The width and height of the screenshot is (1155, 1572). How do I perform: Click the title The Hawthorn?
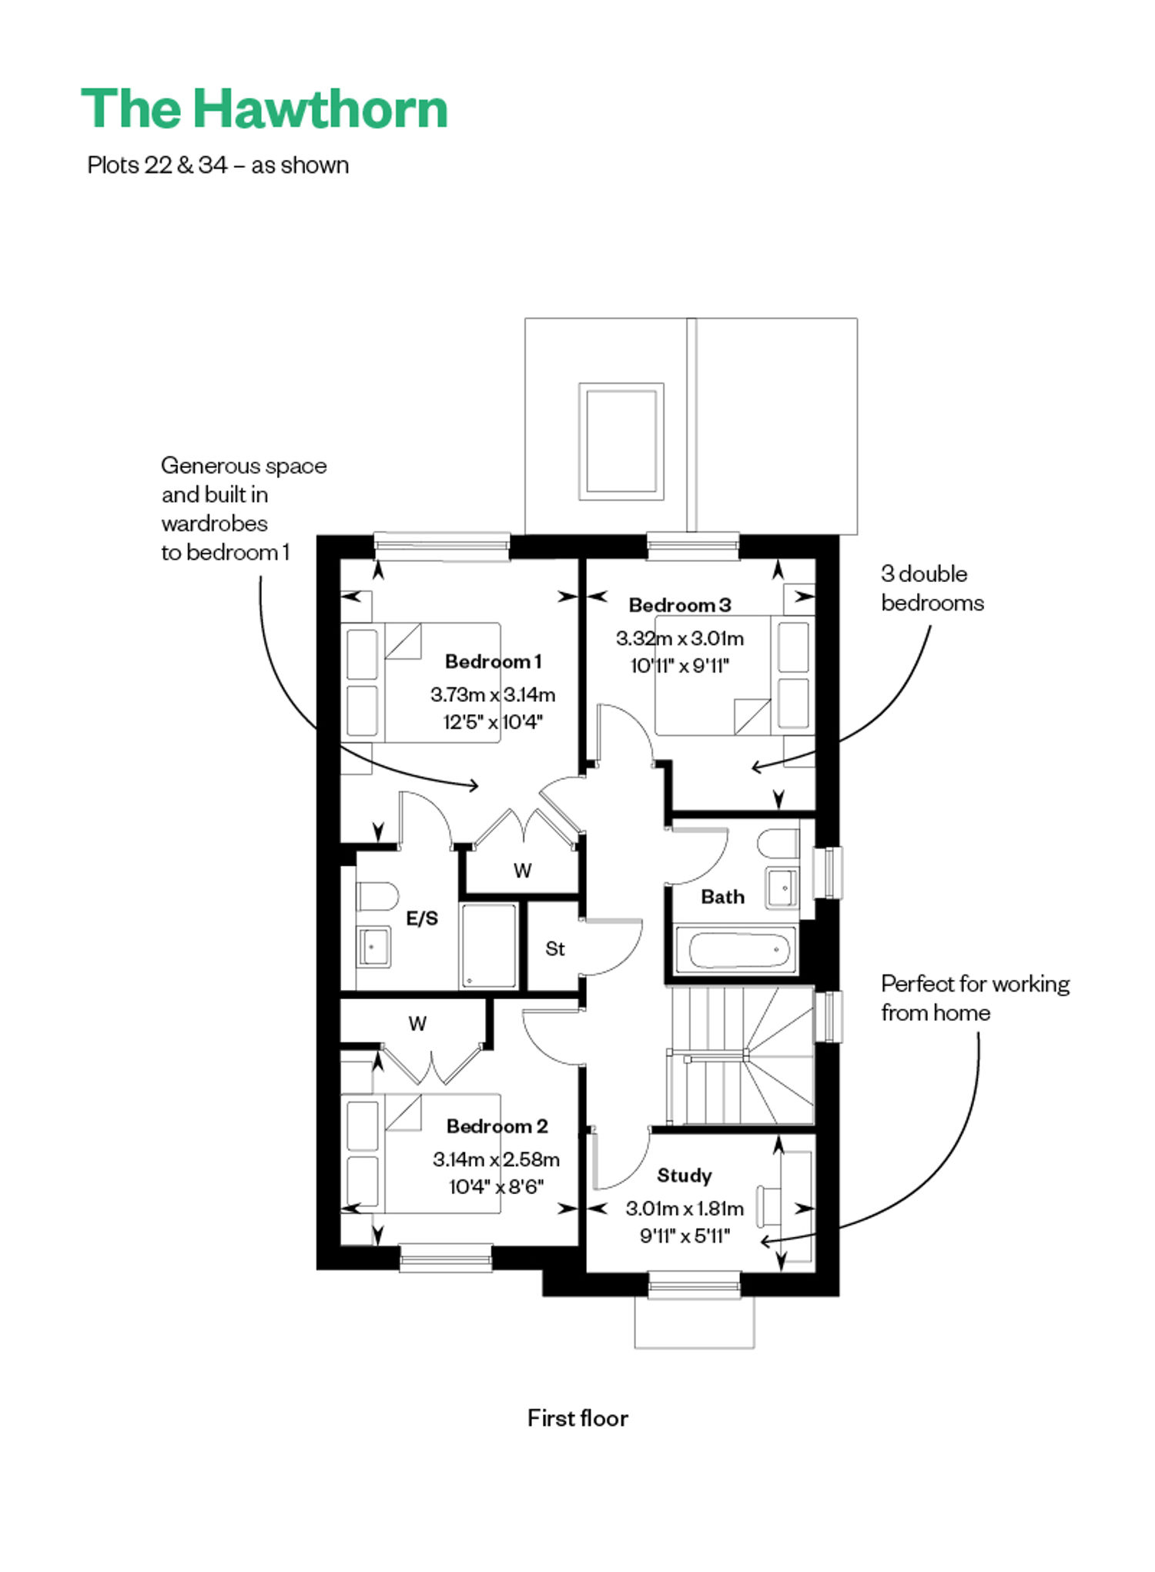point(264,109)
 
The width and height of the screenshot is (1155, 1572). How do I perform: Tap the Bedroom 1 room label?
point(493,661)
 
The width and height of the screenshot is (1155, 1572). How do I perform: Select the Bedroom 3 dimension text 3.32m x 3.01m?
point(679,638)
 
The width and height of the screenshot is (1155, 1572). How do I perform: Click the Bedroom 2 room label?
point(497,1126)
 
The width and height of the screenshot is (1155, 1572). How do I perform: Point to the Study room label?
point(684,1176)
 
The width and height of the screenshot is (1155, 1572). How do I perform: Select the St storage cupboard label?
point(554,949)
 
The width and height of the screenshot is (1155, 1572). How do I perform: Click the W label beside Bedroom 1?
point(522,871)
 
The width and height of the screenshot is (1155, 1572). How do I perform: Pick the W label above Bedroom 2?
point(417,1024)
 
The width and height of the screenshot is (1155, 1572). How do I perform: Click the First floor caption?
point(577,1419)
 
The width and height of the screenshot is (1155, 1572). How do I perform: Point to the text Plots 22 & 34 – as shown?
point(218,166)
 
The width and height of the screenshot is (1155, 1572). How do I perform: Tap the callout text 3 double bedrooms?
point(932,588)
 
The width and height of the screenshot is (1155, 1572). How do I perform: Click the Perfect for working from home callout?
point(976,998)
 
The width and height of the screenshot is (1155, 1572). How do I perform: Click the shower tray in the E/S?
point(488,945)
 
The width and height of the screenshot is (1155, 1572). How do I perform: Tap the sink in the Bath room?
point(782,888)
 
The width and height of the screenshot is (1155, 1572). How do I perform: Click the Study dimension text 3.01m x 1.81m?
point(685,1209)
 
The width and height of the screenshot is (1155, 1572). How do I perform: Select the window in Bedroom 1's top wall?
point(442,546)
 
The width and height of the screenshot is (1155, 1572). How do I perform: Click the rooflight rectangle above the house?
point(621,441)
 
